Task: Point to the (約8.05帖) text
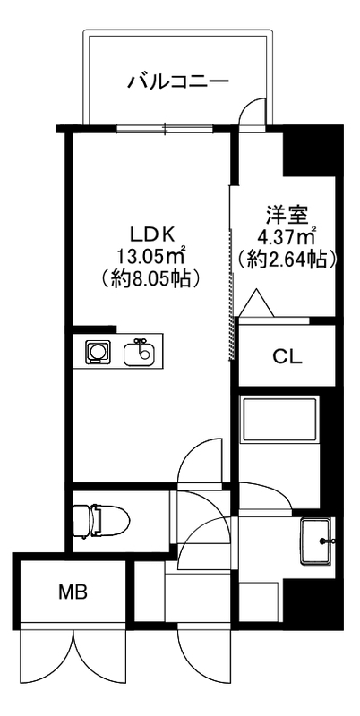[x=151, y=277]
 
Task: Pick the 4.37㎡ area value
[x=287, y=238]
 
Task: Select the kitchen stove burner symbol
[x=96, y=353]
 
